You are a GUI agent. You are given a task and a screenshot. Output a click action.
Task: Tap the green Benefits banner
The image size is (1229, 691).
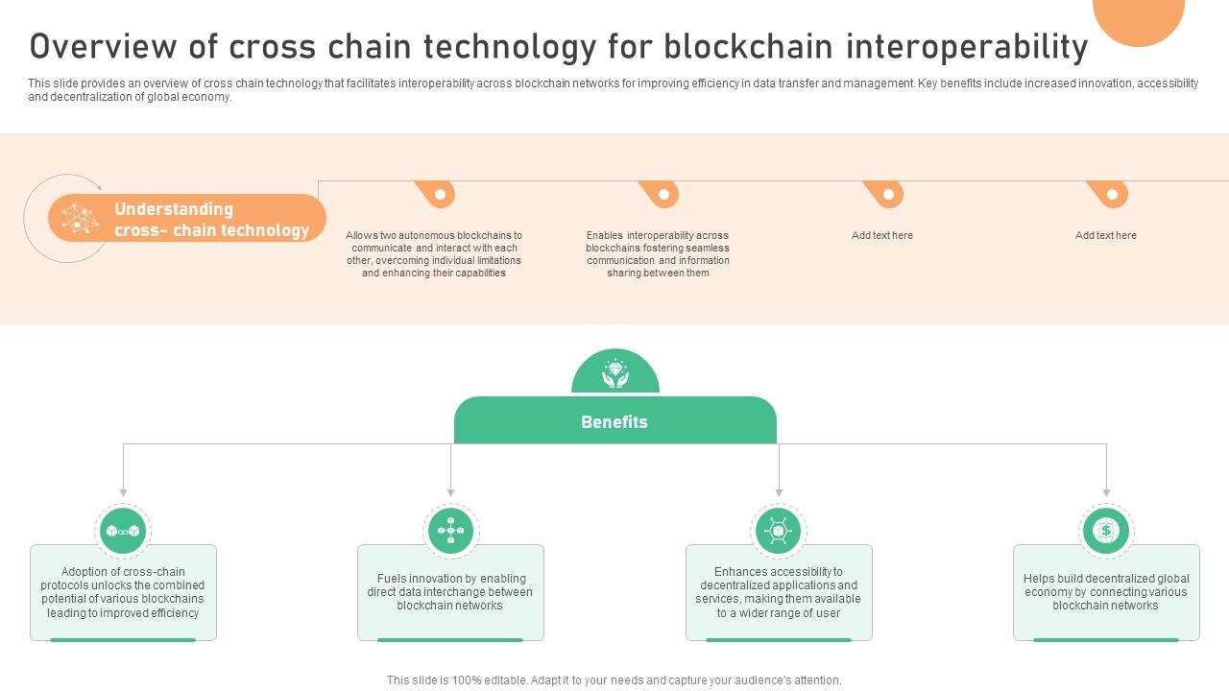(x=614, y=421)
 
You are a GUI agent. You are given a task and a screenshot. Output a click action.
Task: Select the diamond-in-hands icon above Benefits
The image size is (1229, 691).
(x=615, y=374)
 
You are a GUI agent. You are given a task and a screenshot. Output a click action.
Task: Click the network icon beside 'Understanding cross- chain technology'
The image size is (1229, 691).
(x=81, y=219)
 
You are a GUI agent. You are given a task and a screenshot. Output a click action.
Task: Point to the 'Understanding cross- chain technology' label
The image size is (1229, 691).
(x=211, y=220)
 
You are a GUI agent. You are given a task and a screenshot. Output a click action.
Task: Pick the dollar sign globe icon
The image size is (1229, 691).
(x=1106, y=530)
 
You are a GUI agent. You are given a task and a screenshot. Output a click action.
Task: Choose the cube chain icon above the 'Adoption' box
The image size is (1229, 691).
(x=124, y=530)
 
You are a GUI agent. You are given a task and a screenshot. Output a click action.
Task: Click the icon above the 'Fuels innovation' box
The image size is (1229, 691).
(x=451, y=530)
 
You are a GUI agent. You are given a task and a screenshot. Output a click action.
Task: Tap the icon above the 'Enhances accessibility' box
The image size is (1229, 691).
(x=779, y=530)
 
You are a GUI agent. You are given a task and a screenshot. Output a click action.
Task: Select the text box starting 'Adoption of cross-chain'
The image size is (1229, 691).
(x=123, y=593)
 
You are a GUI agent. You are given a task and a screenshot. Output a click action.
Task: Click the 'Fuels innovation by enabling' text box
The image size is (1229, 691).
(x=450, y=593)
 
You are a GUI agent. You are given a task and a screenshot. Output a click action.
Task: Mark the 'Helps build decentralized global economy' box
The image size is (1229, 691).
(x=1106, y=593)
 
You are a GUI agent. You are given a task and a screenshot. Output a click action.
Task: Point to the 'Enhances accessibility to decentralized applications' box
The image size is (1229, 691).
(x=779, y=593)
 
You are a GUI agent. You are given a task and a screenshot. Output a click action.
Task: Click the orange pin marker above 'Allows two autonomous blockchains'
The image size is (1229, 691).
(x=438, y=194)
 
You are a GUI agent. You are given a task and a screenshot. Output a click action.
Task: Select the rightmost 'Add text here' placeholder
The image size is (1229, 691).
(x=1106, y=235)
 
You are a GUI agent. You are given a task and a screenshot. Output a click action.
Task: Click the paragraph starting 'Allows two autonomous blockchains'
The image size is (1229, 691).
(x=434, y=254)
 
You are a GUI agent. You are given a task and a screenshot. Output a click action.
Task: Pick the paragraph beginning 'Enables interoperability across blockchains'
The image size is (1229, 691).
(x=658, y=254)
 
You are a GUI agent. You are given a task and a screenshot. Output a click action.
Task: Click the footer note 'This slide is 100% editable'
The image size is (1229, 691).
(x=614, y=680)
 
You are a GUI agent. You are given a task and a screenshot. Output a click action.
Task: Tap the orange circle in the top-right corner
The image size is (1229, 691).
(x=1139, y=17)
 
